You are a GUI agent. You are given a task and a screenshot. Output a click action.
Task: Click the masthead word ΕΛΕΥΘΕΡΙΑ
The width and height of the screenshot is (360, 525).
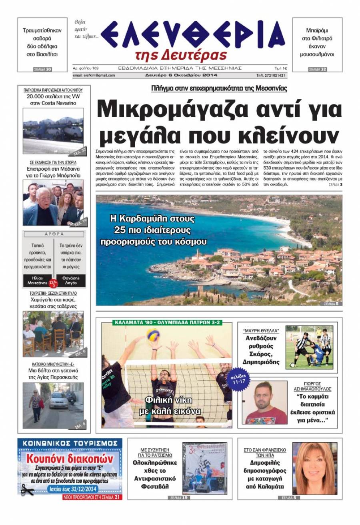[x=192, y=35]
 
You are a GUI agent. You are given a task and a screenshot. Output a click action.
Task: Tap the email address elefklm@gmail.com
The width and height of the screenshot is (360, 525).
[x=94, y=75]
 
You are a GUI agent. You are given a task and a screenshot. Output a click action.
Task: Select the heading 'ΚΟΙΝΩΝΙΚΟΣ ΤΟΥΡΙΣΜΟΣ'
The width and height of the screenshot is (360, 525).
[x=70, y=443]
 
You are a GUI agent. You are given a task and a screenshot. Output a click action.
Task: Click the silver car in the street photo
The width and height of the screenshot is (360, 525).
[x=59, y=399]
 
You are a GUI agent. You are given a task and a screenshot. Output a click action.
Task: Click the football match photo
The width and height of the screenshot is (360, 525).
[x=309, y=347]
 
